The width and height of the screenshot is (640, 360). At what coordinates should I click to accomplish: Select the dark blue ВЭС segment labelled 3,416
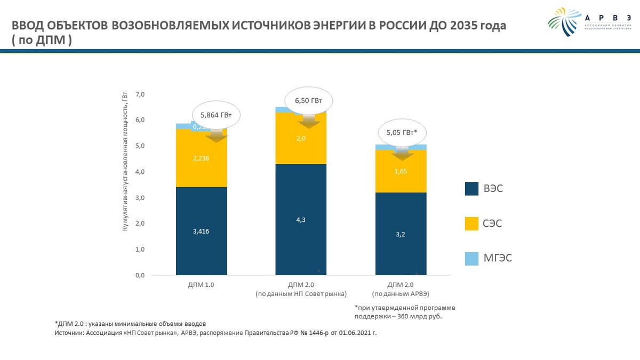(x=202, y=231)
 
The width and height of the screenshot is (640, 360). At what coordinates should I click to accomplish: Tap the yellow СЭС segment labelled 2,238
(x=202, y=158)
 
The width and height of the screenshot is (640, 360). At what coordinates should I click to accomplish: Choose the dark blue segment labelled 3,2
(x=401, y=234)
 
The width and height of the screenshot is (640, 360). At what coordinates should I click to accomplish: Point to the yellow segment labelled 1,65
(x=401, y=172)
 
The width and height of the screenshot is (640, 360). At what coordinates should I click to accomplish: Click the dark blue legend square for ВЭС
(x=471, y=189)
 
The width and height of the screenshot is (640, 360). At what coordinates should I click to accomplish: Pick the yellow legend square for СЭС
(x=471, y=223)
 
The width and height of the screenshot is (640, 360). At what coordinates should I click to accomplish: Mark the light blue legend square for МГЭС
(x=471, y=259)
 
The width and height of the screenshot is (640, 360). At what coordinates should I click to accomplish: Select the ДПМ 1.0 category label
(x=202, y=285)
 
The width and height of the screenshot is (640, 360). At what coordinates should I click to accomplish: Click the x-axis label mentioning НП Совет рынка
(x=301, y=294)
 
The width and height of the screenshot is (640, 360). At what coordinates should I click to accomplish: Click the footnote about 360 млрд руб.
(x=405, y=312)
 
